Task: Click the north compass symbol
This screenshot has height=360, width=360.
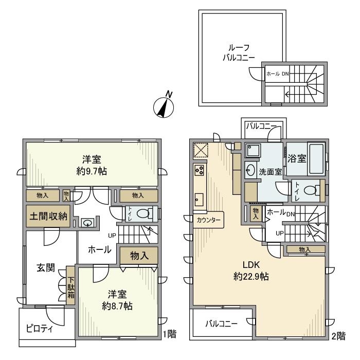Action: coord(164,106)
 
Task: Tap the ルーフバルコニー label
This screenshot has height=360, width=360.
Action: coord(239,52)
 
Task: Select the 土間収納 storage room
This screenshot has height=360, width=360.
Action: coord(48,216)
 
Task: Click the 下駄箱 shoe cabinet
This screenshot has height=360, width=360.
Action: coord(71,285)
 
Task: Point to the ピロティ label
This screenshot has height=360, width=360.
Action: coord(40,329)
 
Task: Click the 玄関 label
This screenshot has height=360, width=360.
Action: coord(46,268)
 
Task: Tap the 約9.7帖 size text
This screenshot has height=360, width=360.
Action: coord(92,171)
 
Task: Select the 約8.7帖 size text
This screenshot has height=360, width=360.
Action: coord(117,306)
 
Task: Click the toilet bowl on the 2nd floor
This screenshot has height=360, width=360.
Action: coord(312,190)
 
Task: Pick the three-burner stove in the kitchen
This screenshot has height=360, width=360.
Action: coord(199,170)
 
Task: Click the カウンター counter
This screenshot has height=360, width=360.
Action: coord(208,220)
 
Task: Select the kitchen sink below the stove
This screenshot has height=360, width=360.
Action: coord(199,200)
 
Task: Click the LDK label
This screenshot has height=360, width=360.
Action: coord(251,265)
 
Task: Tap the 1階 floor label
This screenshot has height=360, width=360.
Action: coord(169,334)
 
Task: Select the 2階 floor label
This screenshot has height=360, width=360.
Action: coord(338,336)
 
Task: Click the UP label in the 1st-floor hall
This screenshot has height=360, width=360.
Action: coord(112,236)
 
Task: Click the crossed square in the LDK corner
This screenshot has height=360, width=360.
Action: coord(201,151)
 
